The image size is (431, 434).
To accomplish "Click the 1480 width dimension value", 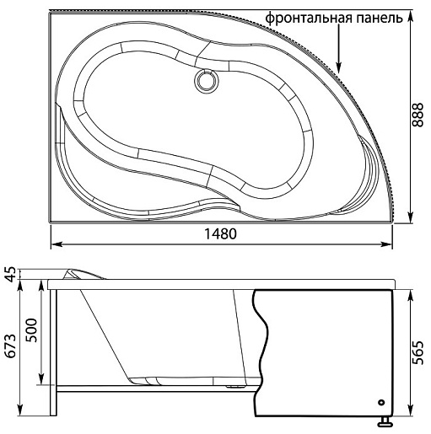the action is click(x=220, y=234).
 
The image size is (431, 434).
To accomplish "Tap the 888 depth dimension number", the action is click(x=418, y=115).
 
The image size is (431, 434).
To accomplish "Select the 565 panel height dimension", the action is click(x=418, y=353).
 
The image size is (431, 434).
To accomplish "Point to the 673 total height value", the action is click(x=11, y=346).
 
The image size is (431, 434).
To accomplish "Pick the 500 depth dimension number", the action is click(x=31, y=330).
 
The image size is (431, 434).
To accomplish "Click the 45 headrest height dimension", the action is click(x=11, y=275).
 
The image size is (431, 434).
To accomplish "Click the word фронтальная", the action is click(x=309, y=19).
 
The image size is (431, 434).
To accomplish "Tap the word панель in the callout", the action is click(x=380, y=19).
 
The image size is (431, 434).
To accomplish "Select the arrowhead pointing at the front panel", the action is click(x=339, y=67).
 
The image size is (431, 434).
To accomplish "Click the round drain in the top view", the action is click(x=207, y=80).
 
